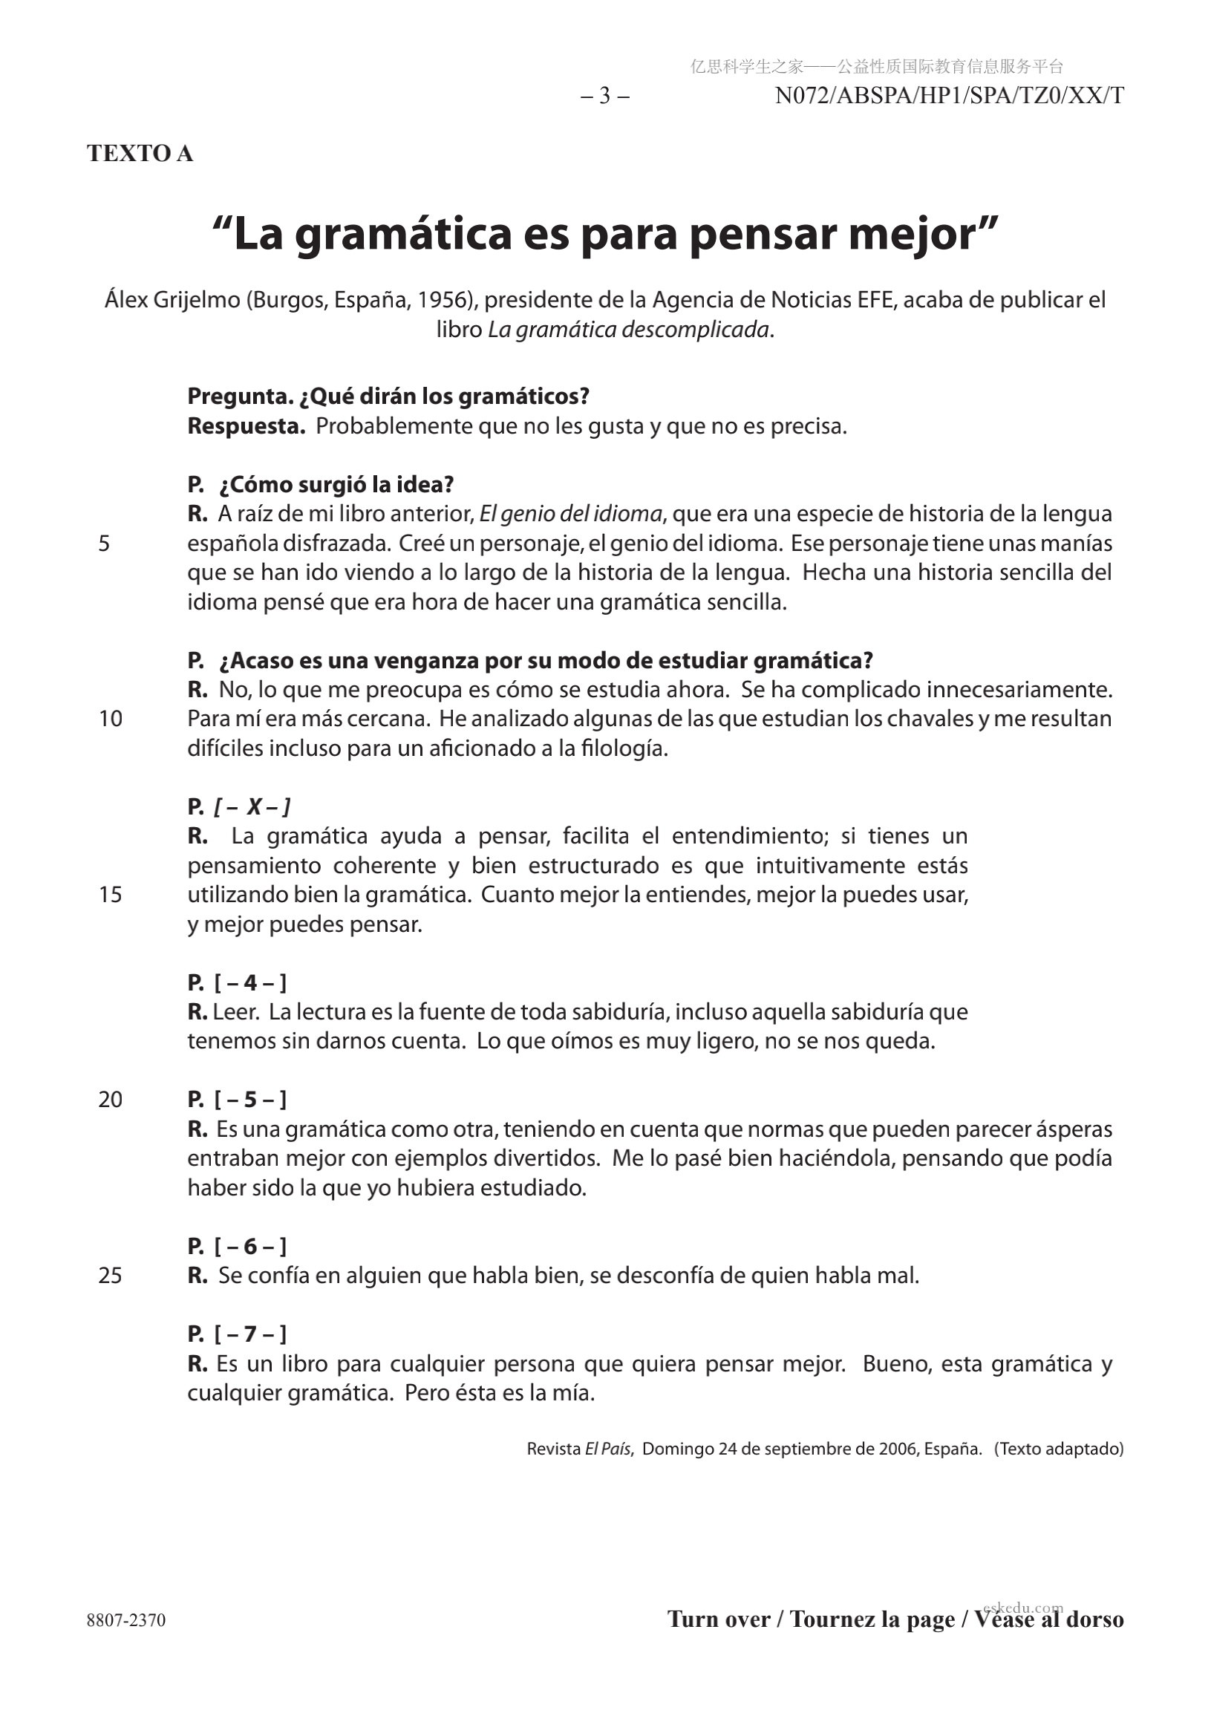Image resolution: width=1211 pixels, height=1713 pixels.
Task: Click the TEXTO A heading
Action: [x=140, y=153]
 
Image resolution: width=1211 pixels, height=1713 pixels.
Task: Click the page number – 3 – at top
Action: [x=604, y=97]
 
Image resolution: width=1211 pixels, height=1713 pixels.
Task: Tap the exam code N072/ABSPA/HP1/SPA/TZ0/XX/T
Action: [x=949, y=97]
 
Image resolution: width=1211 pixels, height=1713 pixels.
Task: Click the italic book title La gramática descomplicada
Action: [x=628, y=329]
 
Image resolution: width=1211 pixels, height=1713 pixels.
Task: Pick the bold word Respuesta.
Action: [x=247, y=426]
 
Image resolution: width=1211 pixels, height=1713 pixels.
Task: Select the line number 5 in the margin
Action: [x=105, y=543]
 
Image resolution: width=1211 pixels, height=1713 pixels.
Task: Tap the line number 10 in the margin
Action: [x=111, y=719]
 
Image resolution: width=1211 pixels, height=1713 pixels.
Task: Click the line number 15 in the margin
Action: [x=111, y=895]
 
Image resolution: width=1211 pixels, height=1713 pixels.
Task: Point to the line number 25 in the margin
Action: [x=111, y=1276]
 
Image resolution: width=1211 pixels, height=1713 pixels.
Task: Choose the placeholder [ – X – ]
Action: [x=252, y=806]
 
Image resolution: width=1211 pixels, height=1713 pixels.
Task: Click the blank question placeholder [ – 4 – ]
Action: [x=250, y=982]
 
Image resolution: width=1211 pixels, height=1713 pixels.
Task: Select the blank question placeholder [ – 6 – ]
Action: [x=250, y=1246]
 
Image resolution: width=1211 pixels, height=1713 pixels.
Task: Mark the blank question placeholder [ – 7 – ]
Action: [x=250, y=1334]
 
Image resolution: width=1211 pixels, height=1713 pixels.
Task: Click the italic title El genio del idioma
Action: [x=571, y=513]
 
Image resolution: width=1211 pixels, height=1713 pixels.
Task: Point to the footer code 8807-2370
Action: [x=126, y=1619]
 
